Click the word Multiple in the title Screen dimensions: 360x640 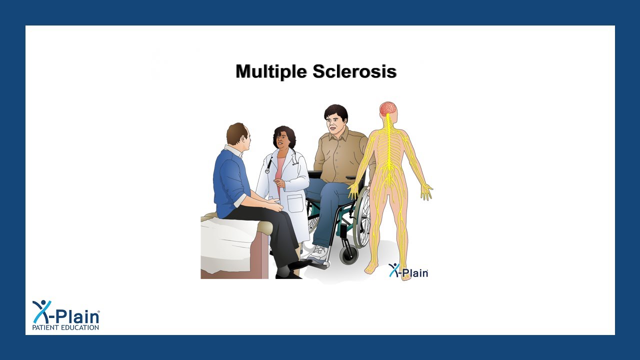pos(271,71)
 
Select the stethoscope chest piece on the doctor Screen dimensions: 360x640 pos(267,171)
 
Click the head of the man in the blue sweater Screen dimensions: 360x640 pos(238,135)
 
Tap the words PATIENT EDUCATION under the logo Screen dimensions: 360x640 pos(65,327)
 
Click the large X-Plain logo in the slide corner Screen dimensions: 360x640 pos(65,313)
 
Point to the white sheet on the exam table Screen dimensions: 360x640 pos(227,245)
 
